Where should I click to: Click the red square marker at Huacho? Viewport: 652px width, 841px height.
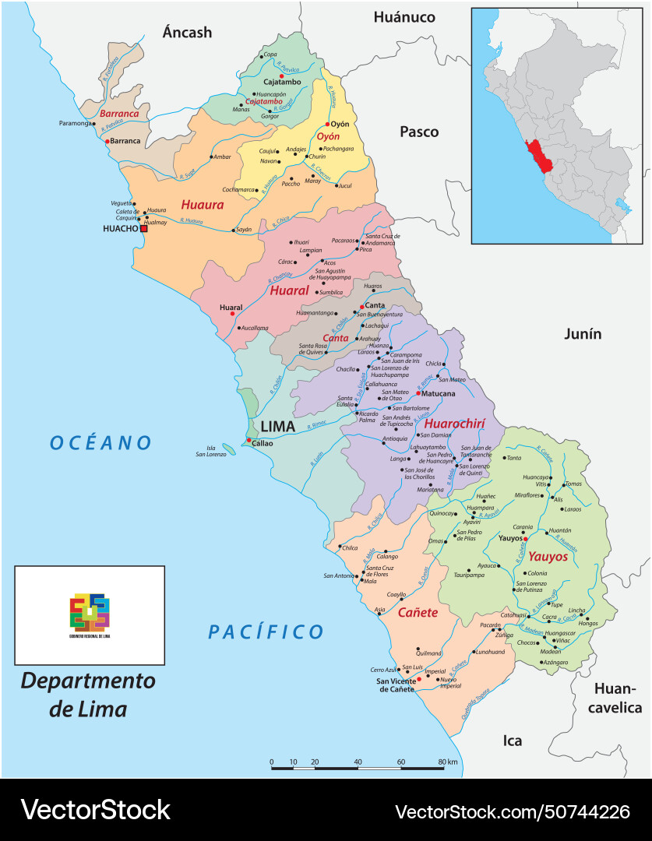143,229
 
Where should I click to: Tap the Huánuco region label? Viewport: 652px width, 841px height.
404,16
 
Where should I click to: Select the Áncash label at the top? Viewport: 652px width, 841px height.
187,32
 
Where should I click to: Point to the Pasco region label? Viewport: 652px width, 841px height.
419,132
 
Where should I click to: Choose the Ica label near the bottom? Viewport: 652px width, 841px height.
512,741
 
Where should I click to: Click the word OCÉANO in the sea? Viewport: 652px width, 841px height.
100,443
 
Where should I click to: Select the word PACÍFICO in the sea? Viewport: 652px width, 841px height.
266,632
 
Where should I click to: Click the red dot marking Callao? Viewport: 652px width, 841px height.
248,441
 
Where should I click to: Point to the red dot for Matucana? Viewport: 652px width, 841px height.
418,393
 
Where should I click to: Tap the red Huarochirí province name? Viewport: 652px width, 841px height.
455,424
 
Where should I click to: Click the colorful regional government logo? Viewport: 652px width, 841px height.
90,612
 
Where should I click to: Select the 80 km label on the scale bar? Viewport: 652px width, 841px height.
447,762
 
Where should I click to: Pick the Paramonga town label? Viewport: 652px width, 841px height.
75,123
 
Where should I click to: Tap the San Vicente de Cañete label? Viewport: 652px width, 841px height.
396,684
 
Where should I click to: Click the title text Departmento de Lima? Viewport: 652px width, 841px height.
87,695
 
